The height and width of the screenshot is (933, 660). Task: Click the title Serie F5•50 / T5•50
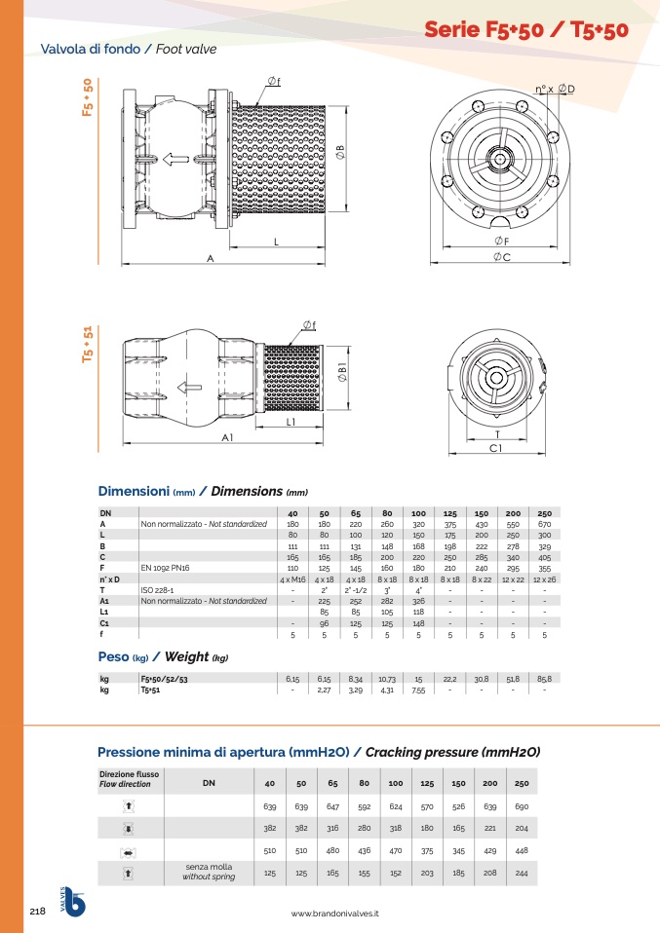tap(526, 30)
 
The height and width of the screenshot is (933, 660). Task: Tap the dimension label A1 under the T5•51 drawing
tap(227, 438)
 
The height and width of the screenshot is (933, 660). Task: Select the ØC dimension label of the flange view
tap(502, 256)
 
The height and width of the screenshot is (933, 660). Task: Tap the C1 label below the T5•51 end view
tap(495, 448)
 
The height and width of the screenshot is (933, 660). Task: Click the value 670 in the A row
tap(544, 524)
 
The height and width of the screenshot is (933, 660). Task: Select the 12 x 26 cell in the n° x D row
tap(544, 579)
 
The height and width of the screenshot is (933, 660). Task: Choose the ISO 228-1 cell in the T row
tap(156, 590)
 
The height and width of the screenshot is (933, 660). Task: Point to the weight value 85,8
tap(544, 678)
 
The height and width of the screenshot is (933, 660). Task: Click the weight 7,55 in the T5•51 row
tap(418, 690)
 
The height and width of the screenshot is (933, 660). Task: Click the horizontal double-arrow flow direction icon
tap(129, 852)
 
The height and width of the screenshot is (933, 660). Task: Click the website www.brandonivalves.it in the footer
tap(334, 914)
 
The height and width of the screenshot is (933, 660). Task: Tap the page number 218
tap(38, 911)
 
